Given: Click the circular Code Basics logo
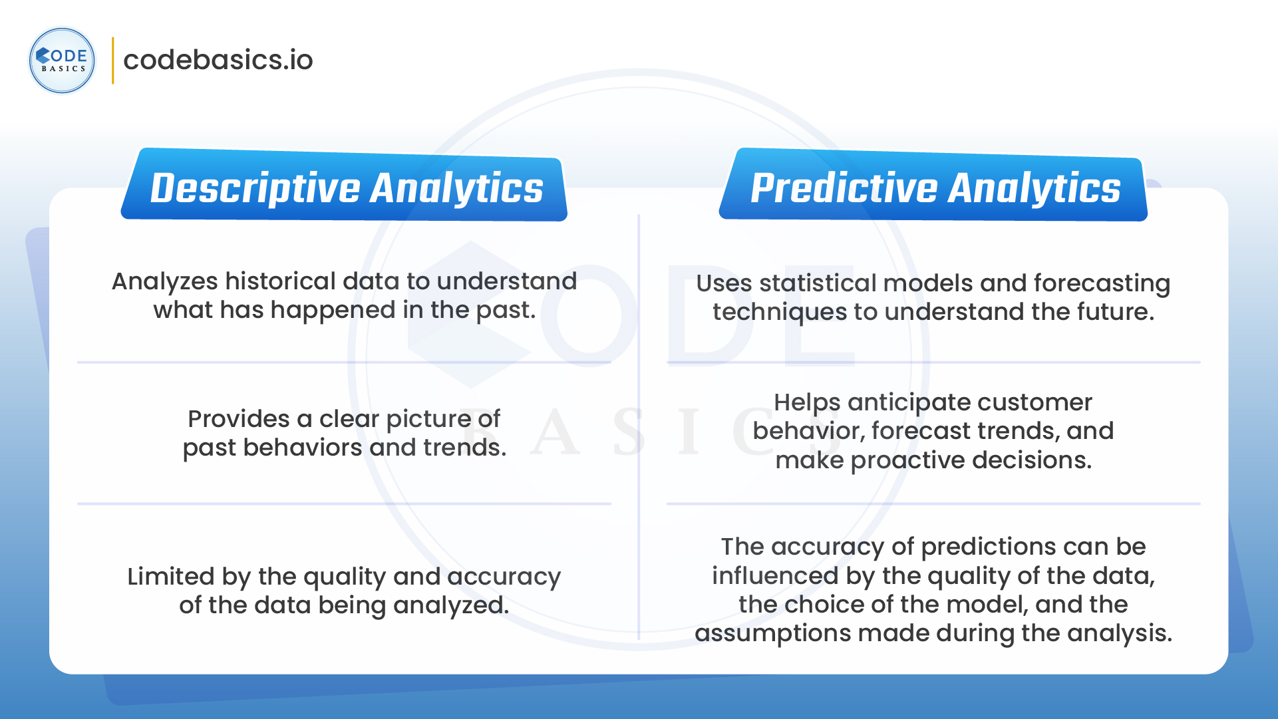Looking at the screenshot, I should point(62,61).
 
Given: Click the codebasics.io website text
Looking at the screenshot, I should point(218,60).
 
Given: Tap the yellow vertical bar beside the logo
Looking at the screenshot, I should point(112,61).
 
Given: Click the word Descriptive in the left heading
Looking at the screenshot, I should point(255,188).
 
